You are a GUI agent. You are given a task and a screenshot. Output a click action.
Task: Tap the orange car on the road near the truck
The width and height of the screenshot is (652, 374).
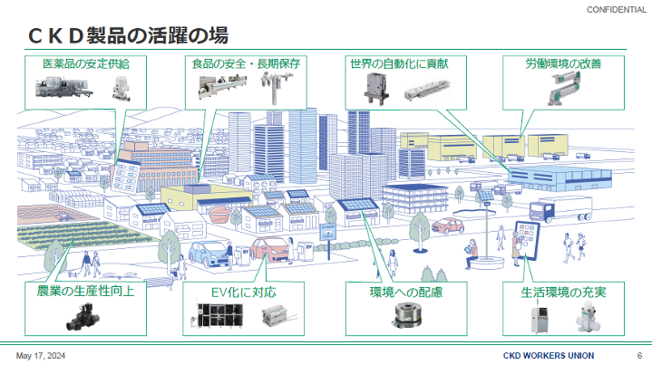[x=451, y=226]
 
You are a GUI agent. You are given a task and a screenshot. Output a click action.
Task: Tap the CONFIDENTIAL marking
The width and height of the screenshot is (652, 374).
[x=616, y=8]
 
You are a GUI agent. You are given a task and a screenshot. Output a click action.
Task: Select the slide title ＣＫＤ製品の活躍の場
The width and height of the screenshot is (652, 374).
[x=127, y=36]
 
